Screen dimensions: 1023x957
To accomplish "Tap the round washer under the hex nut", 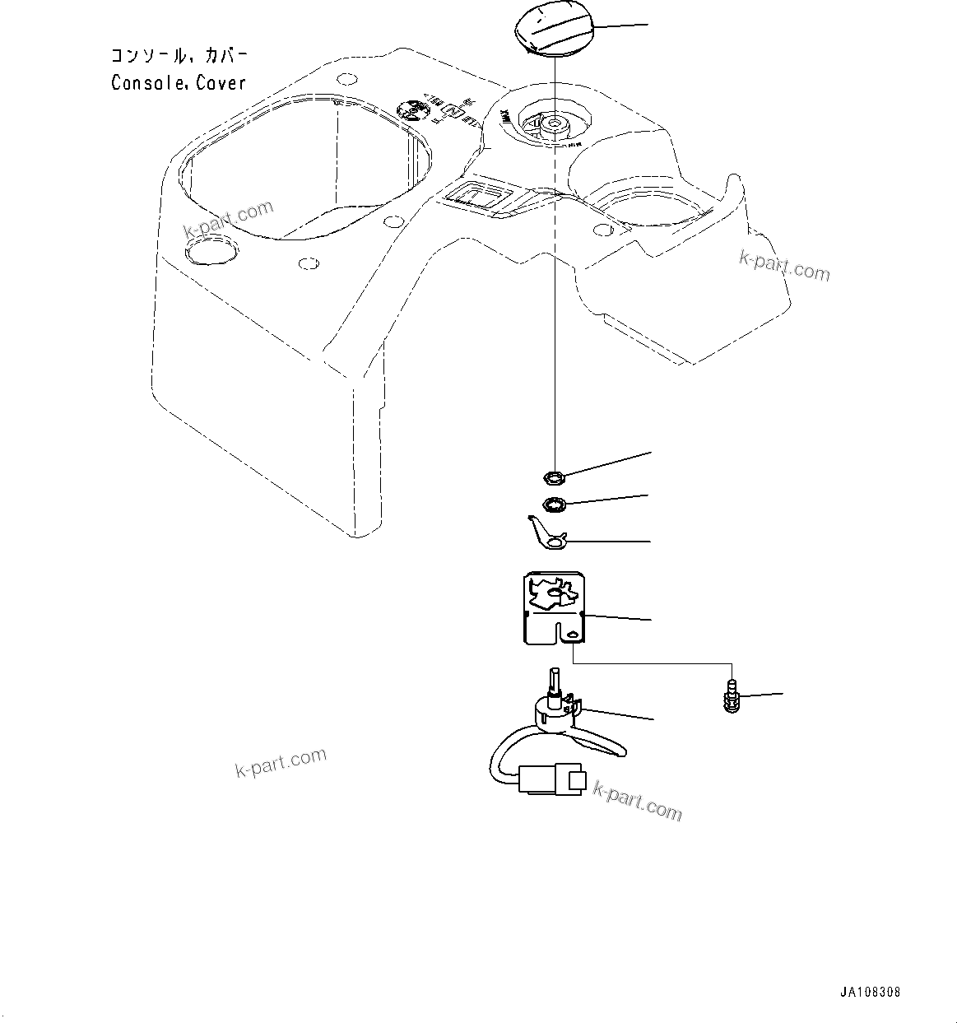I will click(554, 504).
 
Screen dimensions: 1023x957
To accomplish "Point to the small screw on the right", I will click(730, 696).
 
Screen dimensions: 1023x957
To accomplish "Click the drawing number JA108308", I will click(871, 992).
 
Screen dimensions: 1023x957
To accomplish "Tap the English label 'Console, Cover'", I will click(179, 83).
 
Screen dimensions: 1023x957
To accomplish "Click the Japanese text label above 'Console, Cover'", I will click(179, 57).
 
